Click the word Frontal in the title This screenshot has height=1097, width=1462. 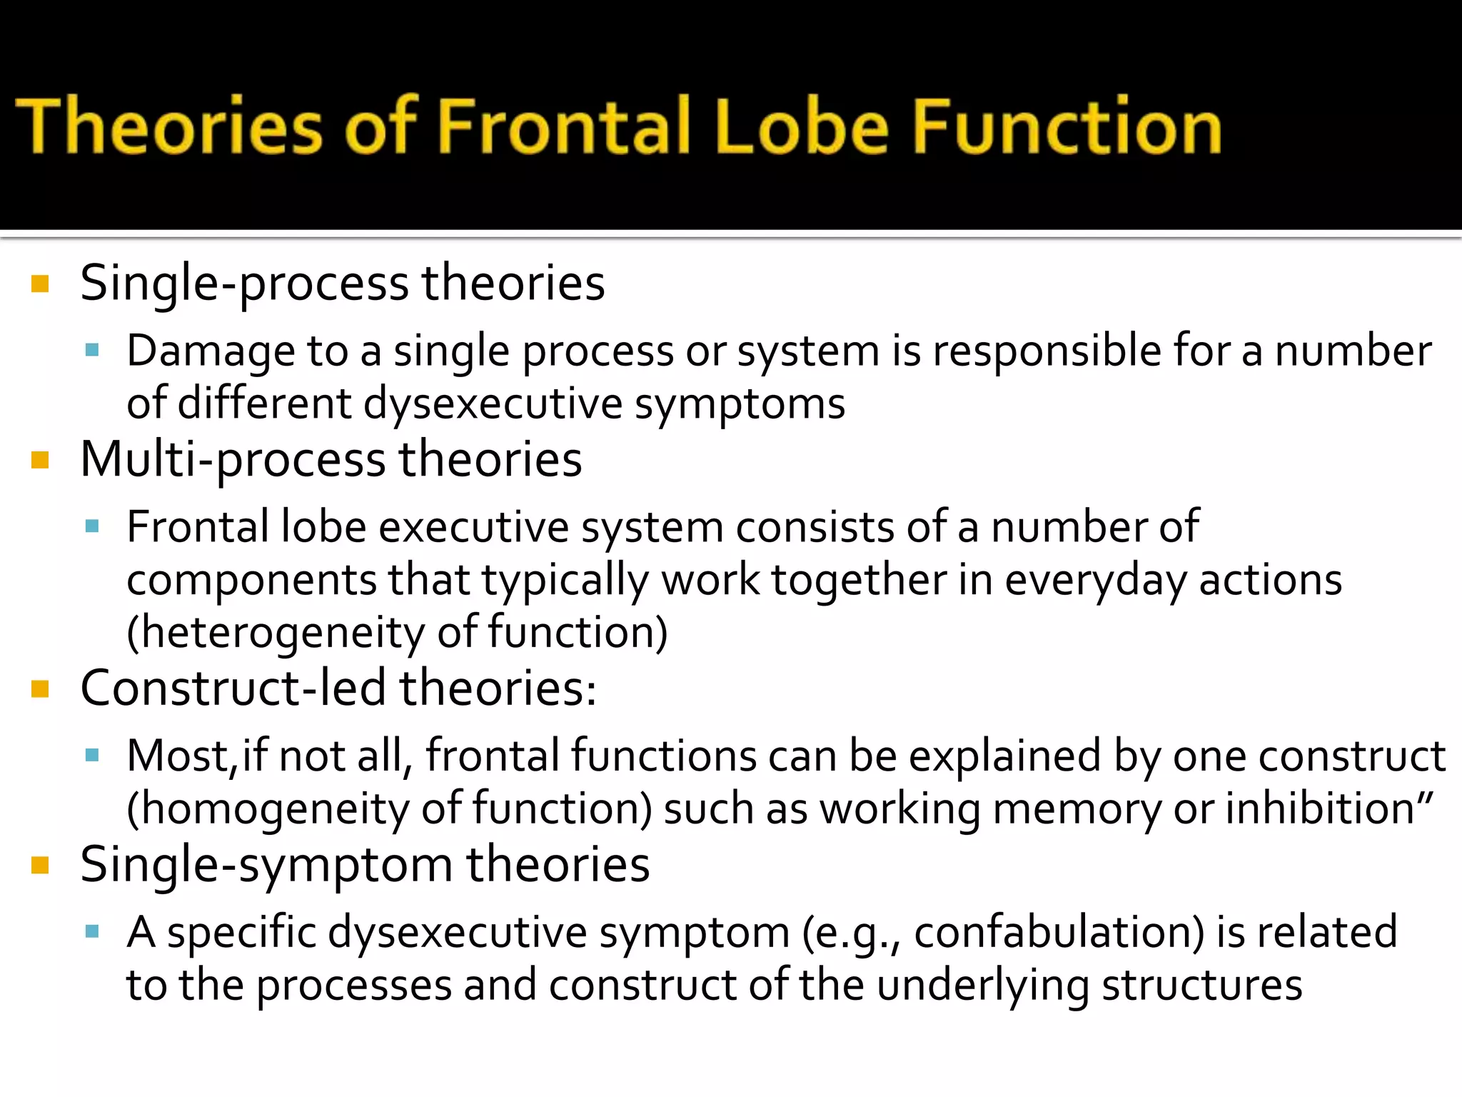564,126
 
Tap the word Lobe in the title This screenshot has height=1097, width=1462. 801,126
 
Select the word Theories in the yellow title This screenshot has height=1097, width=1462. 170,126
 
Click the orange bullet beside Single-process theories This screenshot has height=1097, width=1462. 40,284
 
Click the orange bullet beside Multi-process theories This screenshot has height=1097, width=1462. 40,461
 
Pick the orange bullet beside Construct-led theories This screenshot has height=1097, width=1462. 40,690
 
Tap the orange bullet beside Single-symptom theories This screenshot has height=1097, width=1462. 40,866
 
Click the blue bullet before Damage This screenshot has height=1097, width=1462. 91,350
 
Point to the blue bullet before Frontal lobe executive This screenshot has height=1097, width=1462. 91,526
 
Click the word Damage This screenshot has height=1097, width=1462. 211,351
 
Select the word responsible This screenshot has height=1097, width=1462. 1048,351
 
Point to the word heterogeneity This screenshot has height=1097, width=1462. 276,633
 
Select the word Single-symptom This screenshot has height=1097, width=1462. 266,866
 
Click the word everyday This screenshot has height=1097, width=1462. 1096,580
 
